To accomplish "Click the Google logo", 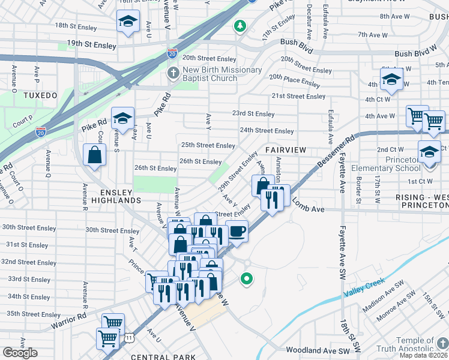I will pyautogui.click(x=20, y=353).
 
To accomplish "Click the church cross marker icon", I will pyautogui.click(x=172, y=74).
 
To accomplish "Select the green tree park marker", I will pyautogui.click(x=240, y=26).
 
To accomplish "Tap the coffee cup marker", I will pyautogui.click(x=237, y=230).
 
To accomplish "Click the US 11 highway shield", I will pyautogui.click(x=129, y=338).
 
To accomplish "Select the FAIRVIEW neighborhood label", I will pyautogui.click(x=286, y=150).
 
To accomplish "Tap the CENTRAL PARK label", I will pyautogui.click(x=163, y=357).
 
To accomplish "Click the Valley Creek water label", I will pyautogui.click(x=363, y=289).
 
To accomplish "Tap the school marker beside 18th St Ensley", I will pyautogui.click(x=128, y=22).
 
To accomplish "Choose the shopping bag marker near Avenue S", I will pyautogui.click(x=95, y=155).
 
